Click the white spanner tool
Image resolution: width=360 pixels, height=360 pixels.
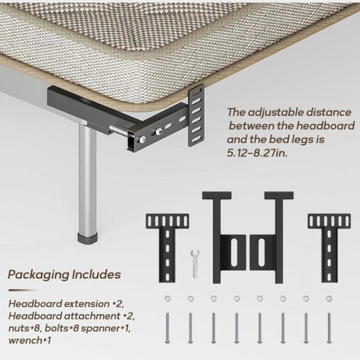pos(195,264)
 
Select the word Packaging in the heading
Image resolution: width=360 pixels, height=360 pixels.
pos(38,275)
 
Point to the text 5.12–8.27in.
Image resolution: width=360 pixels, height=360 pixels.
pos(257,153)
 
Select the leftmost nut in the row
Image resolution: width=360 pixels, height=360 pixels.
pos(167,299)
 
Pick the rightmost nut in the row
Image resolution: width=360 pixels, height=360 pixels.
pos(329,299)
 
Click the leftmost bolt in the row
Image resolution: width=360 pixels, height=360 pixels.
pos(167,328)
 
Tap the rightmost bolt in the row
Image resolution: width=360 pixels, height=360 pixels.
pos(329,328)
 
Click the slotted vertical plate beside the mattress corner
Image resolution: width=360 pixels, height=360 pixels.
pos(196,115)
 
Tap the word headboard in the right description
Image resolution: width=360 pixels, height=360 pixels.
pos(325,126)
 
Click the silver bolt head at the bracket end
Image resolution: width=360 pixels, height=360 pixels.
pos(143,139)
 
